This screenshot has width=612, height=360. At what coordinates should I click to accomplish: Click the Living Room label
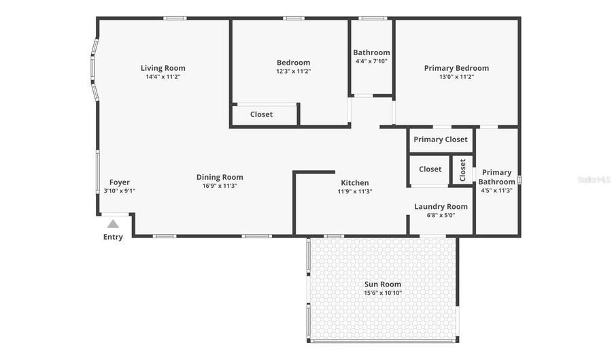(163, 68)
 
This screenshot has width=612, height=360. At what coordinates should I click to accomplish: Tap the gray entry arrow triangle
(113, 224)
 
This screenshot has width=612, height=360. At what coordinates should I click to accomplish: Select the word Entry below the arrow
(113, 238)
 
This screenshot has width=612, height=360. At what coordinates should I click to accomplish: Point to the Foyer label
(120, 182)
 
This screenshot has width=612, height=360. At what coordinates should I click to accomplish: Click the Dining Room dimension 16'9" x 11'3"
(220, 186)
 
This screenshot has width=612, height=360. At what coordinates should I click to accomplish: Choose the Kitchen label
(355, 182)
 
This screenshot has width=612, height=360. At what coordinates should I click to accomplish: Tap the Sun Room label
(383, 284)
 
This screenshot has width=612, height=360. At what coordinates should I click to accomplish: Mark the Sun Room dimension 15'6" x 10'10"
(383, 293)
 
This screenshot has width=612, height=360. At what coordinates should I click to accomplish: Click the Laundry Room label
(441, 206)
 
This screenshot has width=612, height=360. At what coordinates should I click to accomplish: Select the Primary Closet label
(441, 140)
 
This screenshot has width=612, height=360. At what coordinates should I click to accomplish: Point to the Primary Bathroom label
(496, 177)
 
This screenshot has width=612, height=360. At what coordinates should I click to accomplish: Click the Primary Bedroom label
(456, 68)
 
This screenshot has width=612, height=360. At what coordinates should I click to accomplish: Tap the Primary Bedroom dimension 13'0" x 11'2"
(456, 77)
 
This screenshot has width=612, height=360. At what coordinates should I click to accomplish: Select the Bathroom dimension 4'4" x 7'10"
(371, 61)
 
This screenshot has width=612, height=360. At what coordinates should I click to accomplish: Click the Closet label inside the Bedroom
(261, 114)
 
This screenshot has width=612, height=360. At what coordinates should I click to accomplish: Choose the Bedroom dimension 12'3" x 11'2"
(293, 71)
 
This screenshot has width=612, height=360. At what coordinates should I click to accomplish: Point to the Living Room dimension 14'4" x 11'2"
(163, 77)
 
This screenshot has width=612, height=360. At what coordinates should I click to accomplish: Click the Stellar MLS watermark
(594, 180)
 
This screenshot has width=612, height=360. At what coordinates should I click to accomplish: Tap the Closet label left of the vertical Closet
(430, 169)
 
